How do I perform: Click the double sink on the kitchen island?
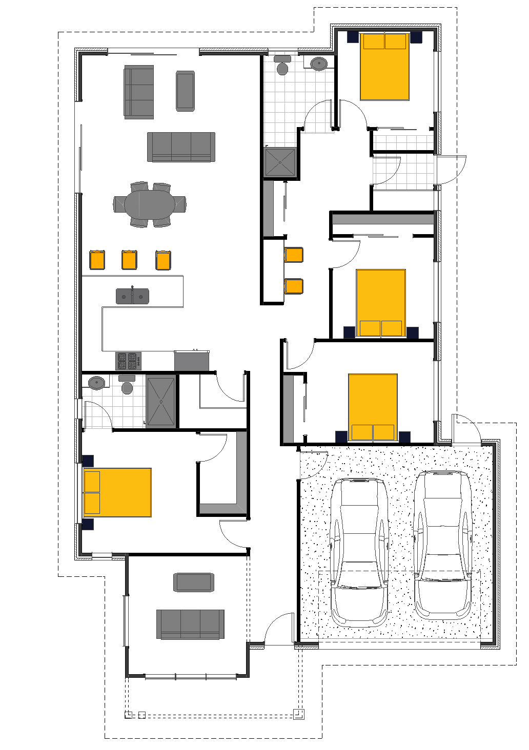coord(132,296)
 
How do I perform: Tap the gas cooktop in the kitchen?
coord(128,361)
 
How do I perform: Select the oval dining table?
coord(150,204)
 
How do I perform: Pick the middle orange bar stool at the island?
coord(129,260)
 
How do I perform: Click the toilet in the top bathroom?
coord(282,66)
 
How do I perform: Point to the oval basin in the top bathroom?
coord(319,64)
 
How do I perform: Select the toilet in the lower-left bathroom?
coord(127,385)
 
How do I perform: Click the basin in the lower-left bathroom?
coord(96,383)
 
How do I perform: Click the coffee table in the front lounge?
coord(193,582)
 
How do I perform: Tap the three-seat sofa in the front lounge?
coord(190,624)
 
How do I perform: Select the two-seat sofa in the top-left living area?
coord(139,92)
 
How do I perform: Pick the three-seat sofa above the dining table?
coord(181,147)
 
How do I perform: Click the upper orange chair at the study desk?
coord(294,255)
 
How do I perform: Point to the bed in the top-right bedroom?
coord(384,67)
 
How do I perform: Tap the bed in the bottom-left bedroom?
coord(117,492)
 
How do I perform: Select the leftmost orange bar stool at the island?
coord(97,260)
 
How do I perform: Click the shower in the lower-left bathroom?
coord(161,401)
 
